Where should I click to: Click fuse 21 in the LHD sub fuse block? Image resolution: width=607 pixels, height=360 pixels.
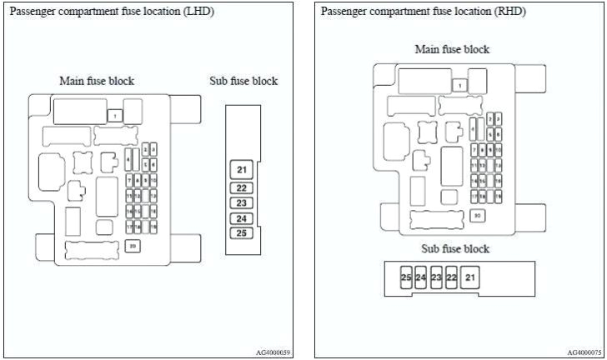[x=242, y=171]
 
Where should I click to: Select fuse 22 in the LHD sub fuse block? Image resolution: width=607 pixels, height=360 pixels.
[x=242, y=188]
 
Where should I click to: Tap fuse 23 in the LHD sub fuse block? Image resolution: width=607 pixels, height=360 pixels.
[x=242, y=202]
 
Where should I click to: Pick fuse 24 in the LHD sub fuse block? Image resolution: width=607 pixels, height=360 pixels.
[x=242, y=218]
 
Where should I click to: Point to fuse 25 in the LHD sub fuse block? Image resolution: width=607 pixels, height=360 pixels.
[x=242, y=232]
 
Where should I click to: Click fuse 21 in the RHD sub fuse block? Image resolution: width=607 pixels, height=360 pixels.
[x=471, y=277]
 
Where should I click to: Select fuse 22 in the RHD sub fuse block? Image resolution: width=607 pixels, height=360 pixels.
[x=452, y=277]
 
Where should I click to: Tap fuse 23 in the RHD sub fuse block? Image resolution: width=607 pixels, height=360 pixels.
[x=436, y=277]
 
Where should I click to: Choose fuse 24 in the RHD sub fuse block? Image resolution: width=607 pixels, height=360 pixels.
[x=421, y=277]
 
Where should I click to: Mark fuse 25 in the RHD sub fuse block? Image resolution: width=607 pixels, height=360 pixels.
[x=406, y=277]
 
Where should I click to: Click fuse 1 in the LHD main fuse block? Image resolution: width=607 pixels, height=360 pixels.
[x=116, y=117]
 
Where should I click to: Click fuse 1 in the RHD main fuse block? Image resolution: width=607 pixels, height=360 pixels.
[x=460, y=85]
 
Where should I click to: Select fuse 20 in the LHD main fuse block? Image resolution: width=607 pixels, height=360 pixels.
[x=133, y=246]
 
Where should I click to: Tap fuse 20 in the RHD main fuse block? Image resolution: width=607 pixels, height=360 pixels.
[x=478, y=216]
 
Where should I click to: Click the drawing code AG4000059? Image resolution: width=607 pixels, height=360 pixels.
[x=273, y=352]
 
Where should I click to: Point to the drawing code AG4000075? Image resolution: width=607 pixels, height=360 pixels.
[x=584, y=352]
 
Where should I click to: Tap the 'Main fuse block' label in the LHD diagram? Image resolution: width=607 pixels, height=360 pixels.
[x=97, y=81]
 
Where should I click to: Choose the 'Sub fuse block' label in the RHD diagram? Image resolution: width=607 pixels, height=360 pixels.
[x=455, y=248]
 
